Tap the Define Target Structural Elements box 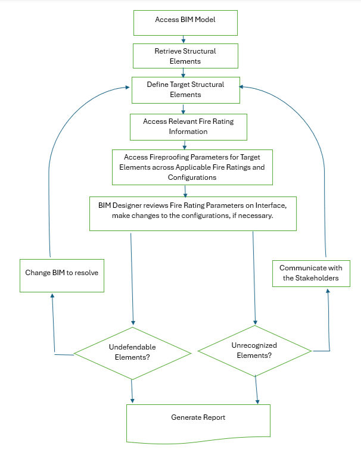[x=185, y=89]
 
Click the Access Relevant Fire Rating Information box [x=188, y=126]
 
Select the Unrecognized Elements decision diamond [x=254, y=350]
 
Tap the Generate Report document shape [x=198, y=420]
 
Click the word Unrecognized [x=254, y=345]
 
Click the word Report [x=214, y=417]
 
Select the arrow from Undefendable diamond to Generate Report [x=132, y=391]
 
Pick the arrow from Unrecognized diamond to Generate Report [x=257, y=390]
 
